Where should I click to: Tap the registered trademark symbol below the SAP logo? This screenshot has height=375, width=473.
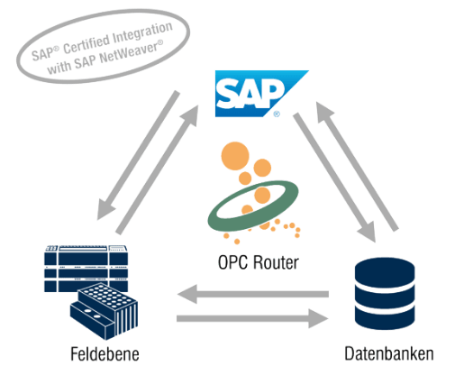point(277,114)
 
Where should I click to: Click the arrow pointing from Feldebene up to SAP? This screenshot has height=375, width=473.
point(157,169)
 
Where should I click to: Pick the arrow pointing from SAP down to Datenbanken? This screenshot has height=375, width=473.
point(334,178)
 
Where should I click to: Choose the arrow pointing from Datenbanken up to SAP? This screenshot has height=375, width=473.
point(357,167)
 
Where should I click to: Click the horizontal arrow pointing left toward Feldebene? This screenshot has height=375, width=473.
point(253,294)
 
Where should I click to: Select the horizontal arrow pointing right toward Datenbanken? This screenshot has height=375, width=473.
point(252,318)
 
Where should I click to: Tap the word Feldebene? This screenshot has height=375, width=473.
point(105,354)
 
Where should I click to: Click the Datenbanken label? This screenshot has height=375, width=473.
point(389,353)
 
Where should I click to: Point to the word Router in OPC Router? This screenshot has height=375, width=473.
point(276,262)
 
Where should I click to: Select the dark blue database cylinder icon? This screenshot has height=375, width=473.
point(385,294)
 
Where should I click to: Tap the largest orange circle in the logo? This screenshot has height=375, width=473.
point(235,156)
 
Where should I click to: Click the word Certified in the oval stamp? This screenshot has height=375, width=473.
point(86,45)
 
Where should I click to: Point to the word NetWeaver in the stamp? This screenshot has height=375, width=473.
point(132,52)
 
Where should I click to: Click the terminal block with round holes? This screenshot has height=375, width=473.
point(105,311)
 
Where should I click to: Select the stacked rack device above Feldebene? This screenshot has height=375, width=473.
point(86,269)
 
